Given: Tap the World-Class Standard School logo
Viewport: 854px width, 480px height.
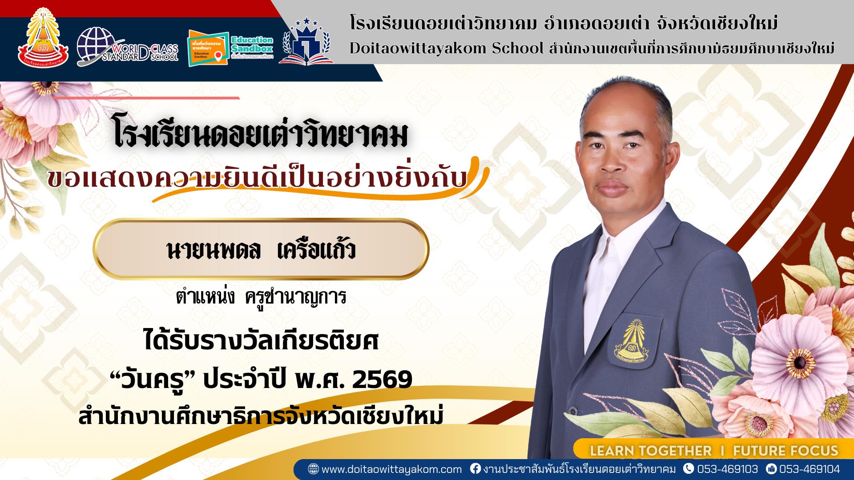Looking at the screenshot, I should [127, 47].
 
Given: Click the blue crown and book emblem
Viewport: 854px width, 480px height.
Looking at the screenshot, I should [306, 43].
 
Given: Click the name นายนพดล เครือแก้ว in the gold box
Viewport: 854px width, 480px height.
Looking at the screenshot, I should [261, 250].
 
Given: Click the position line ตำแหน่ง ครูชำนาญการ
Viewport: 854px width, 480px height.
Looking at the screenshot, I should [261, 297].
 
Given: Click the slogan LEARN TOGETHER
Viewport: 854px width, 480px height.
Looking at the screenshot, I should [650, 451].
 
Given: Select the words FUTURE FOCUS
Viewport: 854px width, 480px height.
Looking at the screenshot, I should [786, 451].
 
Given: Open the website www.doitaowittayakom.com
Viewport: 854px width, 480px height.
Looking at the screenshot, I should [391, 469].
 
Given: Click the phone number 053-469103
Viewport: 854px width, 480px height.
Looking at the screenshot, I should [727, 469].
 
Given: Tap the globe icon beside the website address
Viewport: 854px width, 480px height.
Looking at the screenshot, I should [313, 469].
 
